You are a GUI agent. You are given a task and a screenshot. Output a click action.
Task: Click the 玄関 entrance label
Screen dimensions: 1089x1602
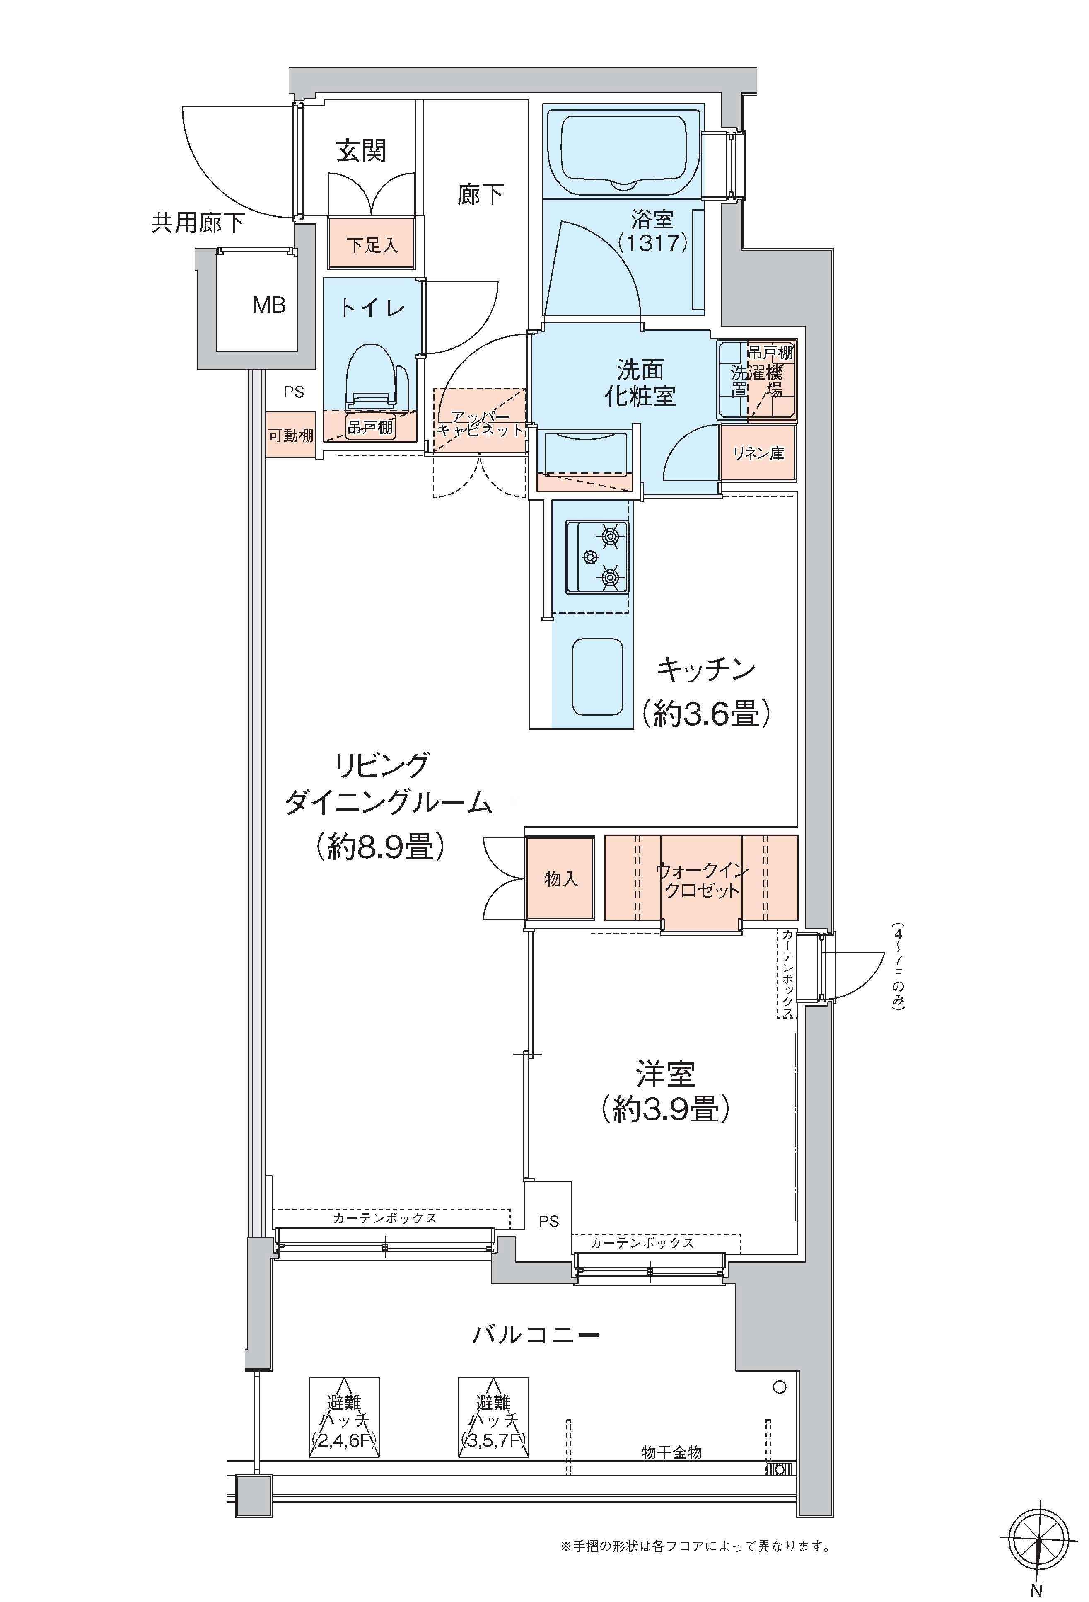pos(361,151)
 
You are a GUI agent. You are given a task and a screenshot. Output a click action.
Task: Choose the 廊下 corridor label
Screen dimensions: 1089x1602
pos(481,194)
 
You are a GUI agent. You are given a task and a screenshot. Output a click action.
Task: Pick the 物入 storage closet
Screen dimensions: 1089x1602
pos(560,878)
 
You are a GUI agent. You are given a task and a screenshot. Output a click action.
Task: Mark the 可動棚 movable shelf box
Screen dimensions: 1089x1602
pos(291,435)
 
